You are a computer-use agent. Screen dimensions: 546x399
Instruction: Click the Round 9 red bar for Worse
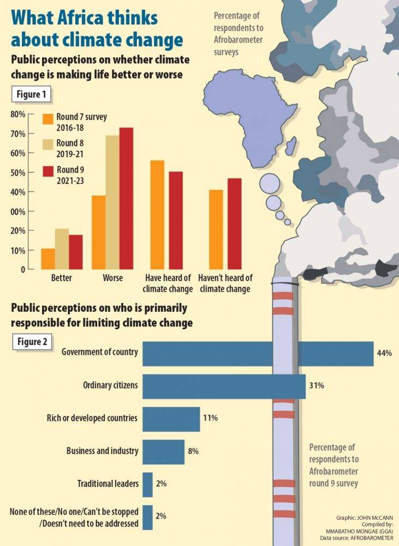coord(126,198)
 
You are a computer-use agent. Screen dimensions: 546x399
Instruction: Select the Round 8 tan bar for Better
coord(62,249)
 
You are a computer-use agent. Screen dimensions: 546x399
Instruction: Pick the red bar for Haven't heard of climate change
coord(234,224)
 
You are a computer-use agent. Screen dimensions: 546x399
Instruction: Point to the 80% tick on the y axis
coord(18,115)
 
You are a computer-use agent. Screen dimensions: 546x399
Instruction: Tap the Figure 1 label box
coord(32,94)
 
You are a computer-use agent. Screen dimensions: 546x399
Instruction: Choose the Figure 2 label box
coord(32,342)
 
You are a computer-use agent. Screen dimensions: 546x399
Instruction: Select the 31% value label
coord(317,385)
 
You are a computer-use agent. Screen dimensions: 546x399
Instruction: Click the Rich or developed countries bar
coord(171,419)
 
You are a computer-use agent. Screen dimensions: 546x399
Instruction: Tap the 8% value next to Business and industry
coord(193,452)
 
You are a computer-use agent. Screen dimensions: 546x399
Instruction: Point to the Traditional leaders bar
coord(147,484)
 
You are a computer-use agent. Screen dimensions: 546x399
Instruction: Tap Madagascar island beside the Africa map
coord(292,146)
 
